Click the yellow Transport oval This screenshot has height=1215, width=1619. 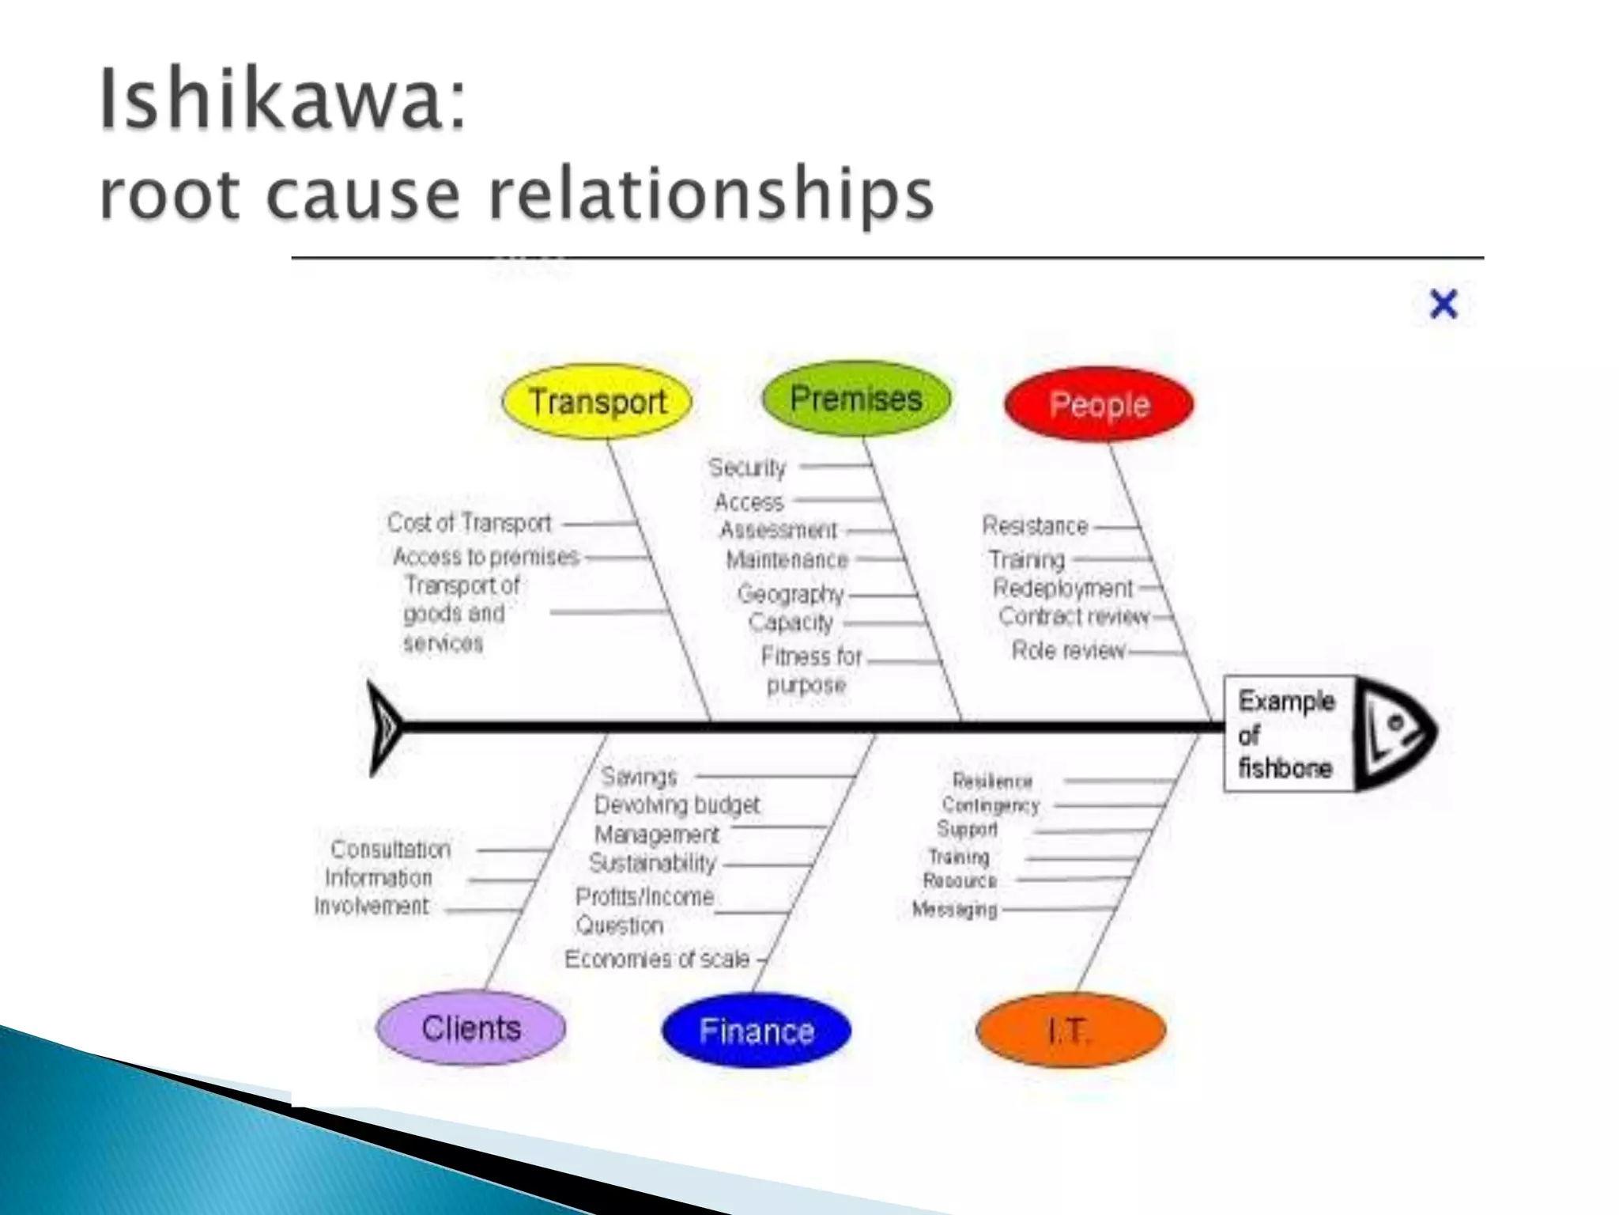(597, 401)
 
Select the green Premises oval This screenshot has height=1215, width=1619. (856, 398)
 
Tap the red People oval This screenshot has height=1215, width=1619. (1099, 404)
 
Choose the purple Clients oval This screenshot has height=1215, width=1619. (471, 1028)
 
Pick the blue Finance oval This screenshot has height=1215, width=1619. (757, 1031)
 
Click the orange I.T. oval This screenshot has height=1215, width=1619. (1070, 1031)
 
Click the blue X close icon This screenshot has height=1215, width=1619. (1444, 304)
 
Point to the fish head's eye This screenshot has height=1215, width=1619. (1397, 722)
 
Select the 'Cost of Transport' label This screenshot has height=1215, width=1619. (469, 523)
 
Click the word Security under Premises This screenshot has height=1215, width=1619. (747, 467)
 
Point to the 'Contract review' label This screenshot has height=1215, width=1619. (1073, 616)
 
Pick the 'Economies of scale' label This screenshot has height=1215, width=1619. (657, 959)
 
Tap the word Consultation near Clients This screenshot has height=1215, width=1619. (391, 849)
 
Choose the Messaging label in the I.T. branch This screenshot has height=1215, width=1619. (954, 910)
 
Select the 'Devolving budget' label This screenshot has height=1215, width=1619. (677, 805)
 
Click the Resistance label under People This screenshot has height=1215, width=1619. (1035, 525)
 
